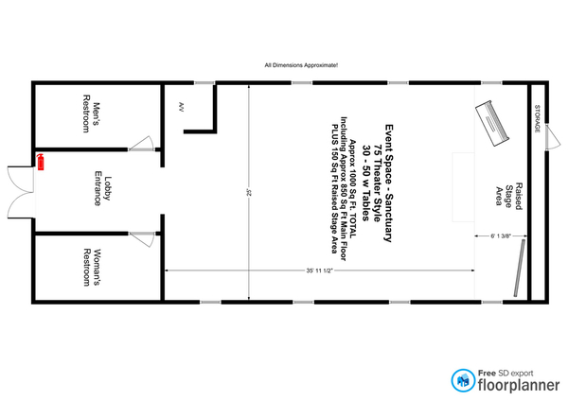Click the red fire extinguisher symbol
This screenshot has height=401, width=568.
pos(41,162)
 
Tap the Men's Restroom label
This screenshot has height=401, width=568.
pos(91,113)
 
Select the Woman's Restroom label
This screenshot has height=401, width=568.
pos(92,267)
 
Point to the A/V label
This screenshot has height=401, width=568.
pos(182,107)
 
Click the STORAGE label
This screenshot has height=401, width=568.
pos(538,118)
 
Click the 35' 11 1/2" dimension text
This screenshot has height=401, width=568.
pos(319,270)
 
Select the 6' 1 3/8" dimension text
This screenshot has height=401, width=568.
pos(501,236)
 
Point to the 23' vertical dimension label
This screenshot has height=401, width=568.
pos(249,191)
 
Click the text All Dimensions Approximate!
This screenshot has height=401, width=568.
pos(301,65)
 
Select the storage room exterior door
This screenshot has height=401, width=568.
pos(553,136)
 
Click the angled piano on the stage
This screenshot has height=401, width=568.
pos(492,123)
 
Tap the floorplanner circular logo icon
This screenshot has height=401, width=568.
pos(463,380)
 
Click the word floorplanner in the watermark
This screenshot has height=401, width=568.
pos(519,385)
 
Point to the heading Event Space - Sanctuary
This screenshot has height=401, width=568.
pos(389,183)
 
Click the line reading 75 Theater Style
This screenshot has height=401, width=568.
pos(378,183)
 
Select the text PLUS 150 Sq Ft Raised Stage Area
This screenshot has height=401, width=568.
pos(335,189)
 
